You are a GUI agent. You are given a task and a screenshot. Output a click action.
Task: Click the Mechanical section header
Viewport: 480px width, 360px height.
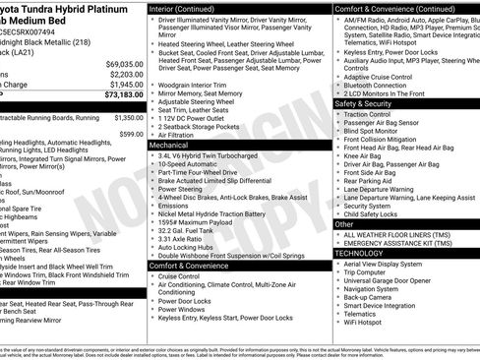(x=169, y=145)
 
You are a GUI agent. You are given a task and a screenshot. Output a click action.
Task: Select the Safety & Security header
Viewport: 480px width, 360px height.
(x=363, y=102)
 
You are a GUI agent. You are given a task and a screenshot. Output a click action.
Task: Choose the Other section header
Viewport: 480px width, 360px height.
(x=344, y=224)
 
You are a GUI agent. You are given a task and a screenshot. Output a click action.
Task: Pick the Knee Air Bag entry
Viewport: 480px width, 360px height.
(x=364, y=155)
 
